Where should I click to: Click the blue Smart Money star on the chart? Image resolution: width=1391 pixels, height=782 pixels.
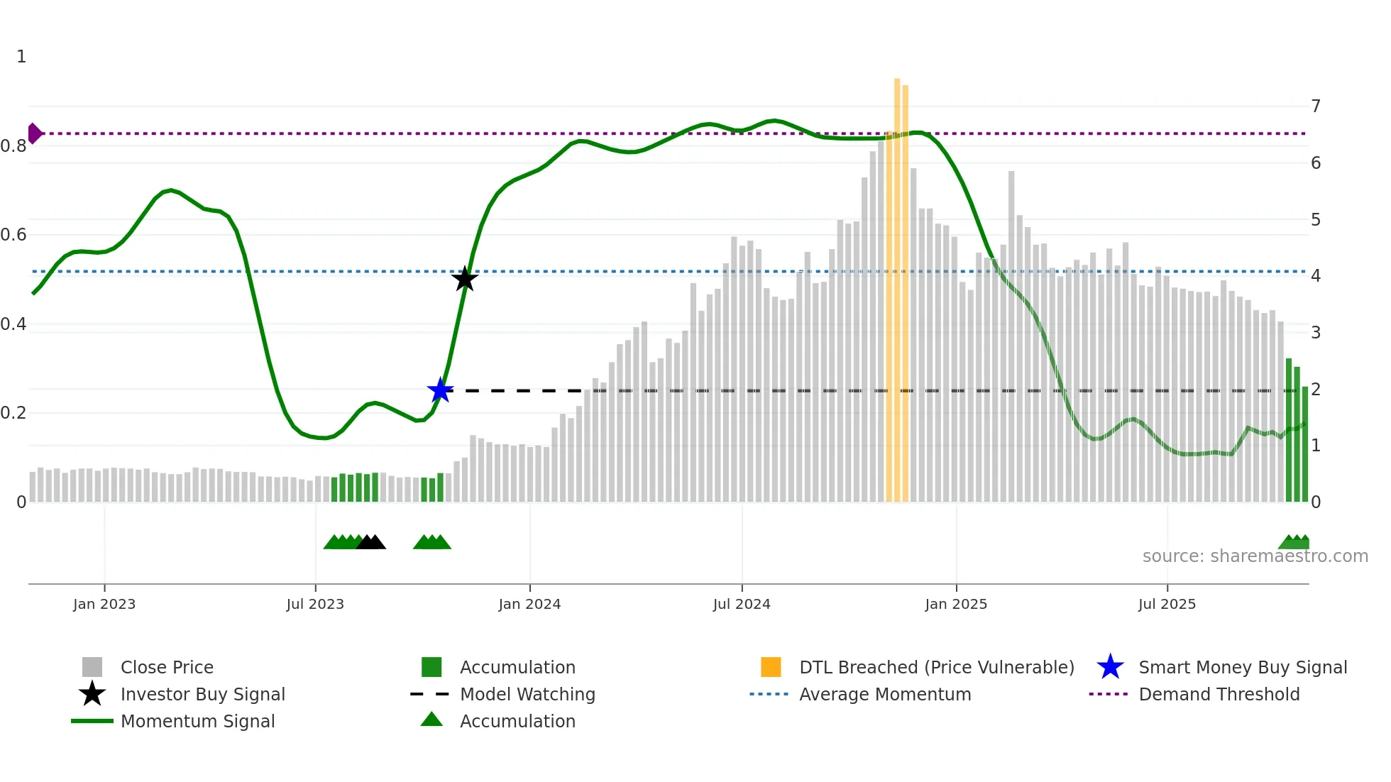[440, 390]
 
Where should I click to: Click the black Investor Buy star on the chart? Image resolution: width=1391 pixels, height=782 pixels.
[465, 279]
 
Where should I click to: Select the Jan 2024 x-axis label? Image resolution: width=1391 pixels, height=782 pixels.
[529, 604]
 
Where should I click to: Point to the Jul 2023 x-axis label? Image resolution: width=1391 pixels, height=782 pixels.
[315, 604]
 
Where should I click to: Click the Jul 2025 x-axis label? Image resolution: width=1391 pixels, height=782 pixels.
[1167, 604]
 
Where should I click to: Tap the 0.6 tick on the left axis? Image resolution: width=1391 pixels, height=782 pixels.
[14, 235]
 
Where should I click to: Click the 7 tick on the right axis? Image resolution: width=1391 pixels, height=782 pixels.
[1316, 106]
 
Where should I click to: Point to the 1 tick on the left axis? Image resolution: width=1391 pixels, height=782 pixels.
[21, 57]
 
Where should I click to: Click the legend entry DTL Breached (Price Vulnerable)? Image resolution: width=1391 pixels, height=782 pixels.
[936, 667]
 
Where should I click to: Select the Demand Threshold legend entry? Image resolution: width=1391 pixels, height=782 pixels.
[1219, 694]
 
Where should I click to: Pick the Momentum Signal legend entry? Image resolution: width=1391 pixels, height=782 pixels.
[197, 721]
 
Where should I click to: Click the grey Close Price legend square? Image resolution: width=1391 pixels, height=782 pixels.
[92, 667]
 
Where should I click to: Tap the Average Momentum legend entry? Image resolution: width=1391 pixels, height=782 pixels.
[884, 694]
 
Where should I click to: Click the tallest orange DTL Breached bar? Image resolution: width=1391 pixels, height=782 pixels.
[897, 284]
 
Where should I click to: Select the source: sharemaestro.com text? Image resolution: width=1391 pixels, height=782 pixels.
[1255, 556]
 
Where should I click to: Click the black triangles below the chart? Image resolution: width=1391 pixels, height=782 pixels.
[370, 542]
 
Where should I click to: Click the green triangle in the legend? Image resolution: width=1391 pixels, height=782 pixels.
[431, 720]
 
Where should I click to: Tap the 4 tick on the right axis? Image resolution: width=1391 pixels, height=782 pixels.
[1316, 276]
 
